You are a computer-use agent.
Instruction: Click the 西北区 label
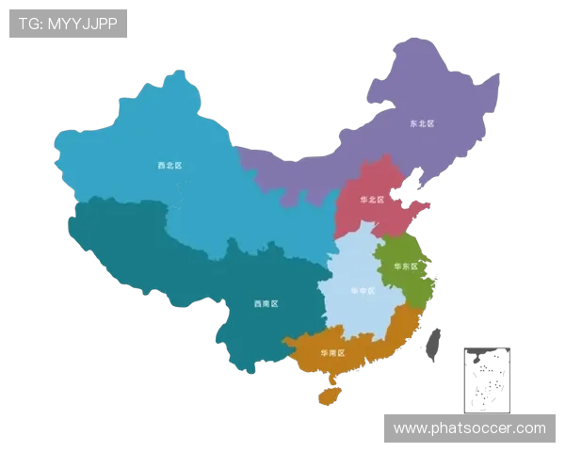click(x=169, y=166)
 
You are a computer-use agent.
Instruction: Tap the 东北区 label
click(x=421, y=123)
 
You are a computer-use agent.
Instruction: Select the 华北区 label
click(x=372, y=200)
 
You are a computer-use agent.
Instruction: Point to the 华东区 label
click(x=405, y=266)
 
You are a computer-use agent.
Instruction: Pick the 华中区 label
click(x=362, y=291)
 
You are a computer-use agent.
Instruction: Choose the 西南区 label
click(x=266, y=304)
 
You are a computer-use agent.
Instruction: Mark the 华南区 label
click(x=331, y=353)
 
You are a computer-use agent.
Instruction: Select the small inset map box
click(x=486, y=379)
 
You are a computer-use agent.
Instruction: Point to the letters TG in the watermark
click(x=28, y=24)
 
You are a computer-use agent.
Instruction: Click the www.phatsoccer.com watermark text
click(x=469, y=428)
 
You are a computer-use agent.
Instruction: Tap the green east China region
click(x=405, y=282)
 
